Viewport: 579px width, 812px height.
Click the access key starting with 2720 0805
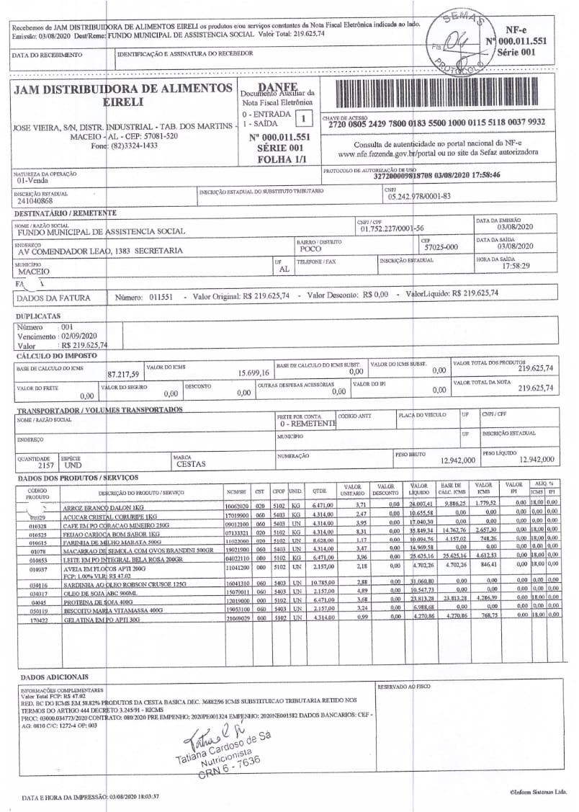click(436, 122)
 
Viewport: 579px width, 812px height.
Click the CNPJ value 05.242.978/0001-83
click(419, 195)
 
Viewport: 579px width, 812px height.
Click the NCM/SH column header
click(235, 491)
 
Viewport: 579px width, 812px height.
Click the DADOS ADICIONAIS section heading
click(55, 677)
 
